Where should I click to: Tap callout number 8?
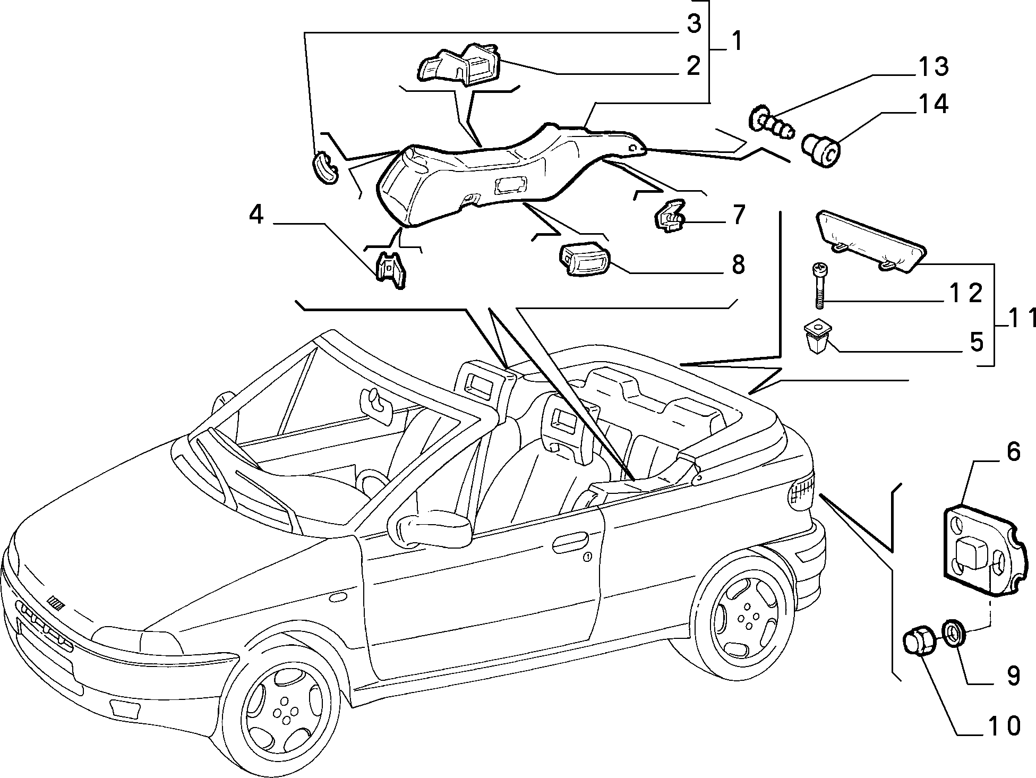738,264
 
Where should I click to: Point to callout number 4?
256,215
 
